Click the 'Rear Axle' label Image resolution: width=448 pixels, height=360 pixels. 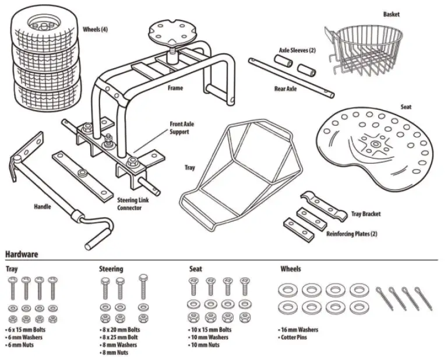(x=285, y=89)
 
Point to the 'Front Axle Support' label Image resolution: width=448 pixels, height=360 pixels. (x=183, y=128)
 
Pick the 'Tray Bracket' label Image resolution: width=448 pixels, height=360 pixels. (x=366, y=214)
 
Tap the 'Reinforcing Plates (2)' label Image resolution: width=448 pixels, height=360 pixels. (x=352, y=234)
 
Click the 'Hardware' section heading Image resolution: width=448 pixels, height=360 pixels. (x=22, y=255)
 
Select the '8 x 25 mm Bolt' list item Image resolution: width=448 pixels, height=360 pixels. (x=121, y=337)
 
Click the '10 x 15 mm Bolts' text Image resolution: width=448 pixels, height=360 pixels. (x=211, y=330)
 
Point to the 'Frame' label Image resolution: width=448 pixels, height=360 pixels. (x=175, y=89)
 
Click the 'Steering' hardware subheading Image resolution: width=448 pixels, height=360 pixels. (x=111, y=269)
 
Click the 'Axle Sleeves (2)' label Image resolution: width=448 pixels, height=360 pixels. (x=297, y=51)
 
